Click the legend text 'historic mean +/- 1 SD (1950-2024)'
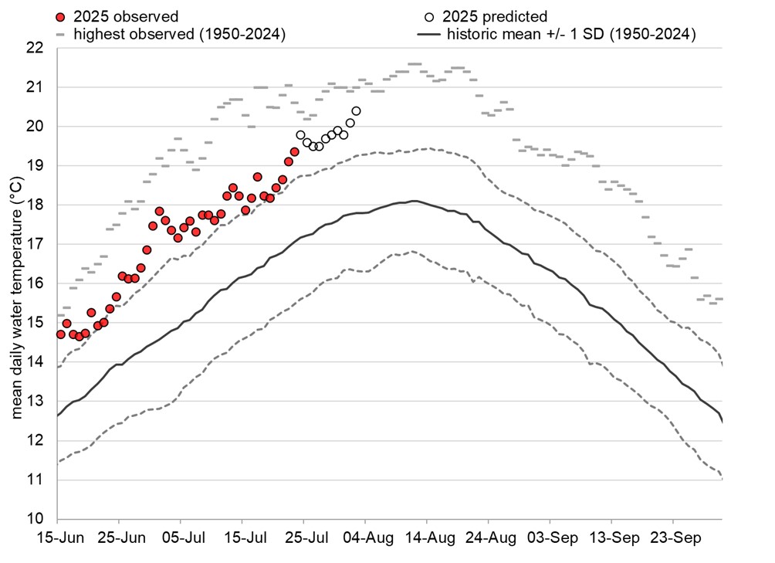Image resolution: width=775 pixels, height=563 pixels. [570, 34]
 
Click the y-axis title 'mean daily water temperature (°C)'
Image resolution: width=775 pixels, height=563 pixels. [16, 283]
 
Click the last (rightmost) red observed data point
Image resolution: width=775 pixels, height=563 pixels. [294, 152]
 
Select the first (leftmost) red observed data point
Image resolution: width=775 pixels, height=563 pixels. [60, 334]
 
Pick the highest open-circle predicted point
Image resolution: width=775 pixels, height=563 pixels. [356, 110]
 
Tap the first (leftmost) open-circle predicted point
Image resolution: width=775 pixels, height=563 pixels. [300, 134]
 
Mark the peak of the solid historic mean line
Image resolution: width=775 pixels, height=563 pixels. [415, 201]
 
